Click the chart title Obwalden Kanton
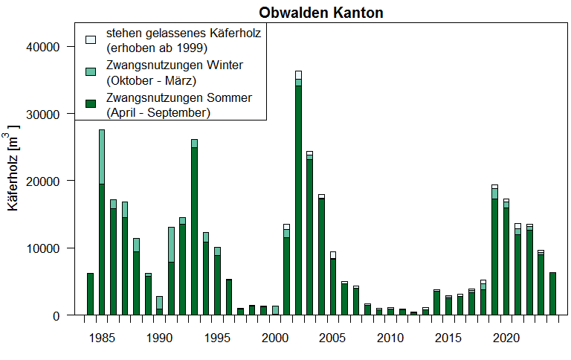pos(321,13)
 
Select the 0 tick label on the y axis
pos(57,315)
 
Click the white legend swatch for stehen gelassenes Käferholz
pos(91,38)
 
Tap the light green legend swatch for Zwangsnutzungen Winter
pos(91,71)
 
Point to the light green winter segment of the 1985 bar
pos(101,156)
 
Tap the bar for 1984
pos(90,294)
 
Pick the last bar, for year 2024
pos(552,294)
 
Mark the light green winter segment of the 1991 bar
pos(171,245)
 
